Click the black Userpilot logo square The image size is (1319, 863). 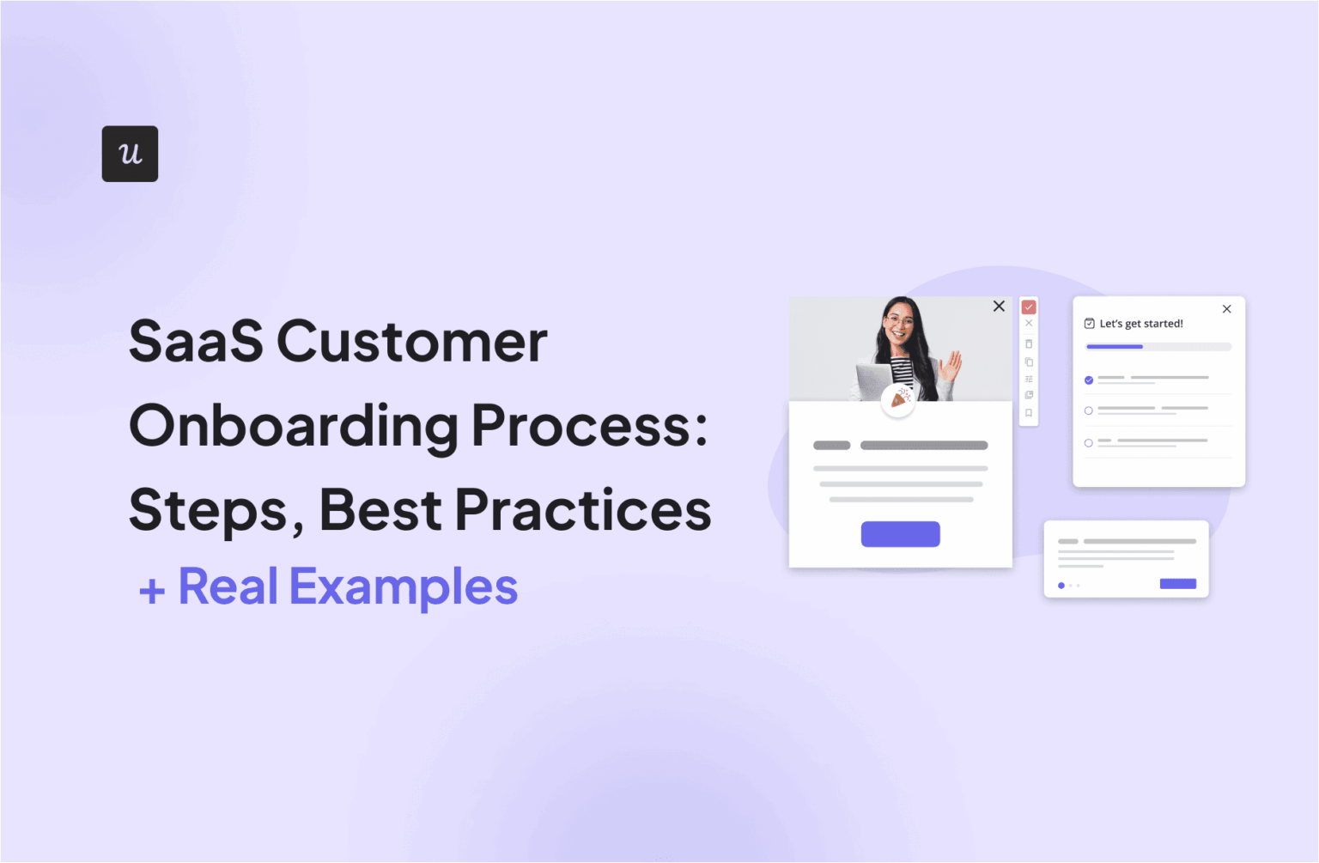[130, 154]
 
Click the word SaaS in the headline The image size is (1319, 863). [196, 342]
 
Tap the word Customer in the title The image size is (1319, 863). [411, 342]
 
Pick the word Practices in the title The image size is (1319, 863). [583, 510]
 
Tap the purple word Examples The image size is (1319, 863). [404, 587]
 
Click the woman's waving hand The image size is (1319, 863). [951, 366]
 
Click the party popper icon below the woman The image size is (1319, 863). [898, 398]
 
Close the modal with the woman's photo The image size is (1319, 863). [999, 307]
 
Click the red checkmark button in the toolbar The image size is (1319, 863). [1029, 307]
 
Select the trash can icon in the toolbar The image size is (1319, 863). [1029, 343]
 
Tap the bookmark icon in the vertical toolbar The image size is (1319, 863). [1029, 413]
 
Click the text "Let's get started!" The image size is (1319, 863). [1141, 324]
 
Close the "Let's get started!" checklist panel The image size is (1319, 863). [1227, 309]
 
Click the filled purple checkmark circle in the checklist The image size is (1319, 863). [1089, 380]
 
